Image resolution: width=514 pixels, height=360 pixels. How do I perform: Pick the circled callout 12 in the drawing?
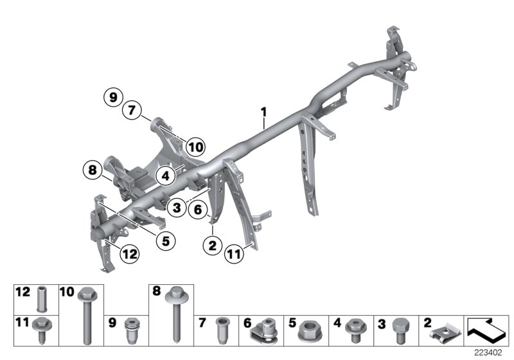point(129,254)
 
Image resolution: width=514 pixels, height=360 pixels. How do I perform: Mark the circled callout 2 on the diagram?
point(211,244)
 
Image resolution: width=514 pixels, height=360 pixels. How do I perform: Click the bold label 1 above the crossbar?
point(263,113)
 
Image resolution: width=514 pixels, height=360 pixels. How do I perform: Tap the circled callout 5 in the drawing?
point(165,241)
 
